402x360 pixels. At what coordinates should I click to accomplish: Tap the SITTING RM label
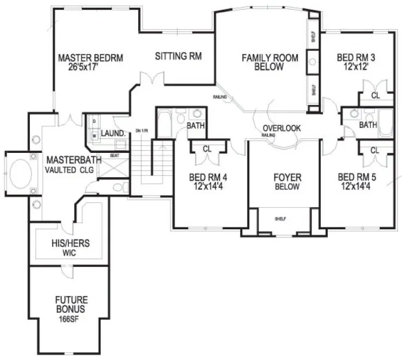(178, 56)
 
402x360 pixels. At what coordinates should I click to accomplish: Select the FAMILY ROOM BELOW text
(270, 62)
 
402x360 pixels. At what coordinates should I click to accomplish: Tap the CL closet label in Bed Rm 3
(375, 95)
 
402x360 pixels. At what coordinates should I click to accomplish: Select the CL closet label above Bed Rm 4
(206, 149)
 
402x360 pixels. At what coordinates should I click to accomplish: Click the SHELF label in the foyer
(280, 218)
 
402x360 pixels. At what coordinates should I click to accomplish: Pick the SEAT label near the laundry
(115, 156)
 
